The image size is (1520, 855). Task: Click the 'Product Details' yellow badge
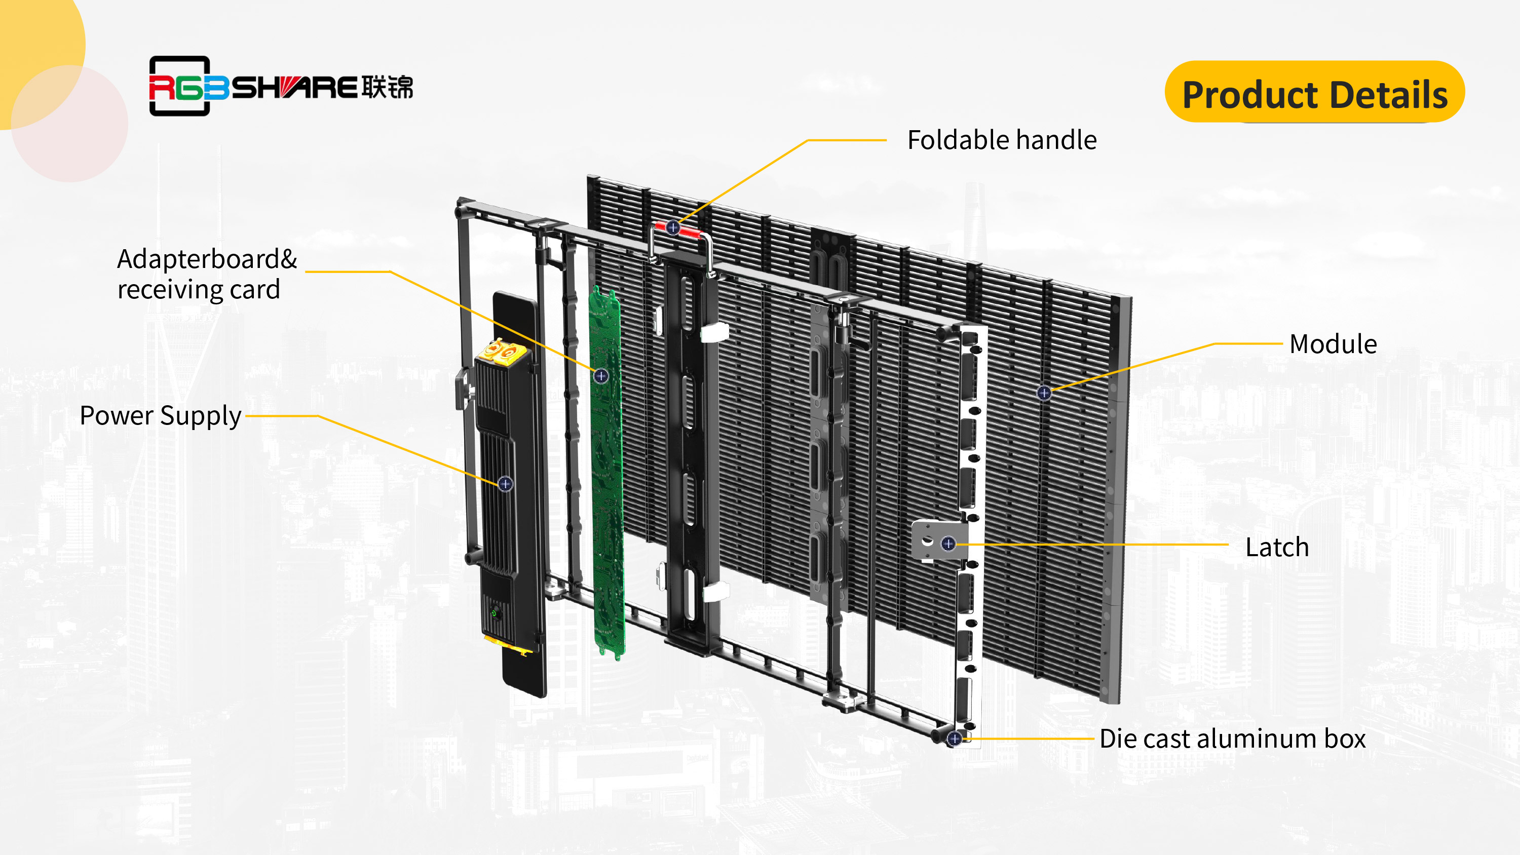[1314, 93]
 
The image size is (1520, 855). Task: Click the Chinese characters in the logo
[387, 87]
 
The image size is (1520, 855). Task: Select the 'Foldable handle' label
[1001, 140]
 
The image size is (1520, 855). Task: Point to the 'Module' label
[1333, 344]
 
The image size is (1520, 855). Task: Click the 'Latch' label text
[1277, 548]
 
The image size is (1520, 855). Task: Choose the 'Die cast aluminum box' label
[1232, 739]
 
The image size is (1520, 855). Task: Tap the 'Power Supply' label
[161, 416]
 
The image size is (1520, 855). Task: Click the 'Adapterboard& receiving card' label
[207, 275]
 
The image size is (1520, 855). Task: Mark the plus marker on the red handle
[673, 228]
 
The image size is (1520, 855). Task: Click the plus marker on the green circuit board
[601, 376]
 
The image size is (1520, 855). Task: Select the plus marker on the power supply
[505, 484]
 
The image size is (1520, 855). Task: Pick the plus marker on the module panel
[1044, 393]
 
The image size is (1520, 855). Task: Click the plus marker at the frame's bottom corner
[954, 738]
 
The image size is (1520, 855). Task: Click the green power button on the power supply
[495, 614]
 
